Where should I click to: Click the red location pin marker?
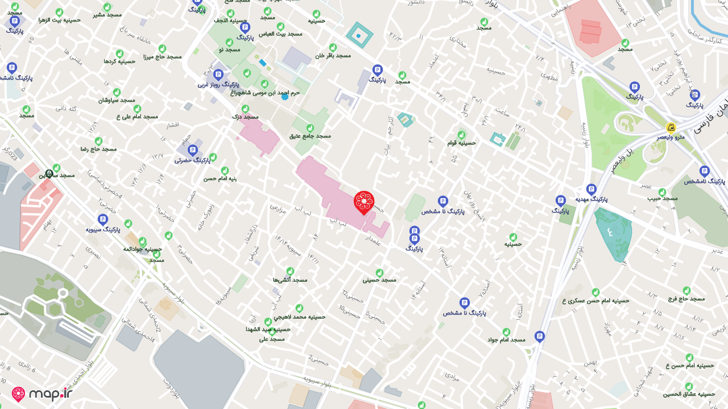pyautogui.click(x=364, y=202)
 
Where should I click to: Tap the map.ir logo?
pyautogui.click(x=42, y=394)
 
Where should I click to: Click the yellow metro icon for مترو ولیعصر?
pyautogui.click(x=671, y=127)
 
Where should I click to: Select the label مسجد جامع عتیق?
pyautogui.click(x=310, y=136)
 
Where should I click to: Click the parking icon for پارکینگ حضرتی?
pyautogui.click(x=192, y=150)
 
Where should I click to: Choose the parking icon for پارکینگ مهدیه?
pyautogui.click(x=591, y=189)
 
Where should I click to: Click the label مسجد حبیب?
pyautogui.click(x=663, y=198)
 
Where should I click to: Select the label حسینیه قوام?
pyautogui.click(x=461, y=143)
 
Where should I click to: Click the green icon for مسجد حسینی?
pyautogui.click(x=379, y=273)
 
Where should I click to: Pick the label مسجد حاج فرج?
pyautogui.click(x=686, y=298)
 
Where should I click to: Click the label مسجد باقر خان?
pyautogui.click(x=333, y=55)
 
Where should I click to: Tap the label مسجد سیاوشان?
pyautogui.click(x=117, y=100)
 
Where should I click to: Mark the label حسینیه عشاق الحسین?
pyautogui.click(x=689, y=394)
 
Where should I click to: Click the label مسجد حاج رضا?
pyautogui.click(x=98, y=149)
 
